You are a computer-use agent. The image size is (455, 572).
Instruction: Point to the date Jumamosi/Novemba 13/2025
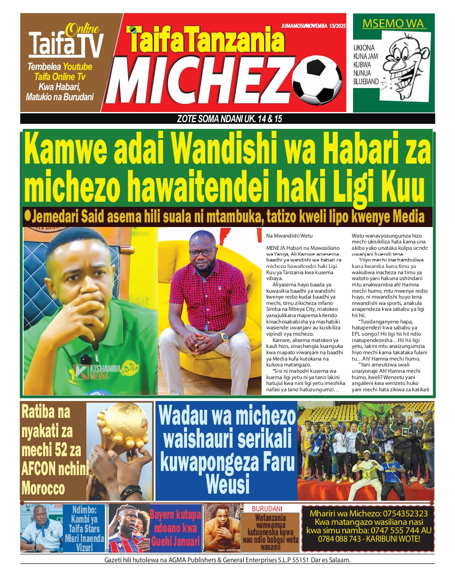click(x=313, y=26)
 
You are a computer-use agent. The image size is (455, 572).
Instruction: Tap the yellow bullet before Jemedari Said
click(x=28, y=215)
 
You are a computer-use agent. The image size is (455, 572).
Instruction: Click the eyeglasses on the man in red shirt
click(x=201, y=252)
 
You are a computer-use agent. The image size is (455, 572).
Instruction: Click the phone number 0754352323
click(x=405, y=513)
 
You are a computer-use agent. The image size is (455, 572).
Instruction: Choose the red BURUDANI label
click(x=267, y=508)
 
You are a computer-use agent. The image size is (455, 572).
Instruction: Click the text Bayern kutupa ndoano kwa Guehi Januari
click(x=175, y=528)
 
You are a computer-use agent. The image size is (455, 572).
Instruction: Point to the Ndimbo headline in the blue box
click(x=84, y=528)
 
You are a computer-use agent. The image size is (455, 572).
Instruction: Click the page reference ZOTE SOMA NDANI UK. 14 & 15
click(x=230, y=119)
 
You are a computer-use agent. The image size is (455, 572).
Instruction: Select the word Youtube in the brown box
click(x=78, y=67)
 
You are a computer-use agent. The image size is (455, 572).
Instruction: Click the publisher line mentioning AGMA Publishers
click(x=227, y=560)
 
